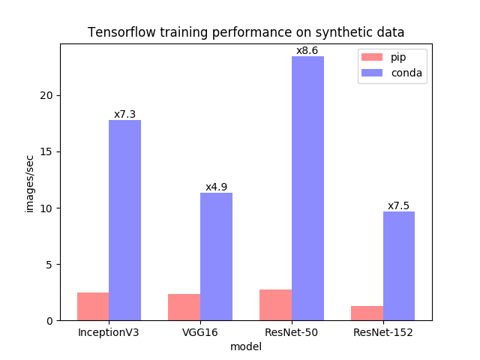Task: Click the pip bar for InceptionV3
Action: click(93, 306)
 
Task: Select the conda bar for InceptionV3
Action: click(124, 220)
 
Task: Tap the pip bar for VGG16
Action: click(184, 307)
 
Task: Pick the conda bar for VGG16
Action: click(216, 256)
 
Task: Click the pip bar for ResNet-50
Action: click(275, 304)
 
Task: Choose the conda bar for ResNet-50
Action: click(307, 188)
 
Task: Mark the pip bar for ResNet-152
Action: click(367, 313)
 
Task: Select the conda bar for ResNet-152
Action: click(399, 265)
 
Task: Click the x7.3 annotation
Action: click(124, 114)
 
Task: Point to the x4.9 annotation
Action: click(216, 187)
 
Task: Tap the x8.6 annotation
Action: click(307, 51)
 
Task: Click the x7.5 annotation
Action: click(398, 205)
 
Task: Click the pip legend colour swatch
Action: click(372, 57)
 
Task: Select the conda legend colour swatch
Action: click(372, 73)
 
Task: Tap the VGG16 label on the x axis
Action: click(199, 331)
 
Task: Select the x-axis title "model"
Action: click(246, 346)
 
